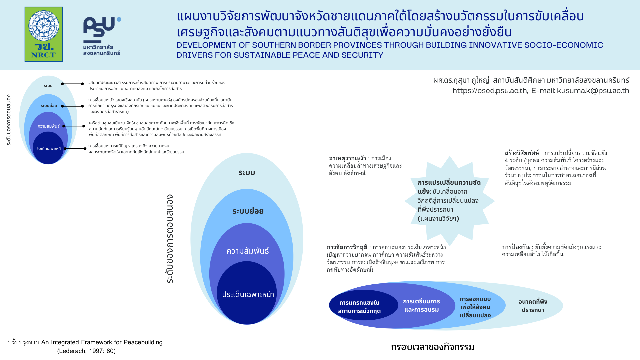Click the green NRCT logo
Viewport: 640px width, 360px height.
pyautogui.click(x=44, y=34)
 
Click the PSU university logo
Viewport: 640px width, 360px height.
pyautogui.click(x=102, y=36)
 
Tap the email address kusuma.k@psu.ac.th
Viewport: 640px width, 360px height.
pyautogui.click(x=593, y=91)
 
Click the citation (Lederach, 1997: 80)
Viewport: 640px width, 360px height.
pyautogui.click(x=86, y=351)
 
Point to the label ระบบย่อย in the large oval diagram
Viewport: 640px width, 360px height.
pyautogui.click(x=248, y=211)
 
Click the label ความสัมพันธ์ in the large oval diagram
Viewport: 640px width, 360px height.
pyautogui.click(x=248, y=251)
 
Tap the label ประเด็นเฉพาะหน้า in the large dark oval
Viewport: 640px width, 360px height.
pyautogui.click(x=248, y=295)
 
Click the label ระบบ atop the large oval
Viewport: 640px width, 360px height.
pyautogui.click(x=247, y=173)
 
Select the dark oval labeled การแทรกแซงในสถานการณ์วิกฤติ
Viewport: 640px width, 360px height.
pyautogui.click(x=364, y=305)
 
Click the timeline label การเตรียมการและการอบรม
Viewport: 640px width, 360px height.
pyautogui.click(x=421, y=305)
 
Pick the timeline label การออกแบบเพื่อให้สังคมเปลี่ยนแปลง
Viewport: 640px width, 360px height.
pyautogui.click(x=475, y=307)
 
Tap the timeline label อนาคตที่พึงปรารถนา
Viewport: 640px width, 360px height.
pyautogui.click(x=533, y=306)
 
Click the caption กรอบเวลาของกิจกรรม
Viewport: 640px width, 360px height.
pyautogui.click(x=432, y=347)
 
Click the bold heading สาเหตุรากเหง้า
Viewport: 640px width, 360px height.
pyautogui.click(x=347, y=158)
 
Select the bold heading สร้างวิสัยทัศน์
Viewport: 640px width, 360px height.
pyautogui.click(x=522, y=153)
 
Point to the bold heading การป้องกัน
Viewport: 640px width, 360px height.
pyautogui.click(x=516, y=247)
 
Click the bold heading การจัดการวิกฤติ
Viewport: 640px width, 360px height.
pyautogui.click(x=347, y=247)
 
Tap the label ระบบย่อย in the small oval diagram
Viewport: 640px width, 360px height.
pyautogui.click(x=49, y=106)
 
